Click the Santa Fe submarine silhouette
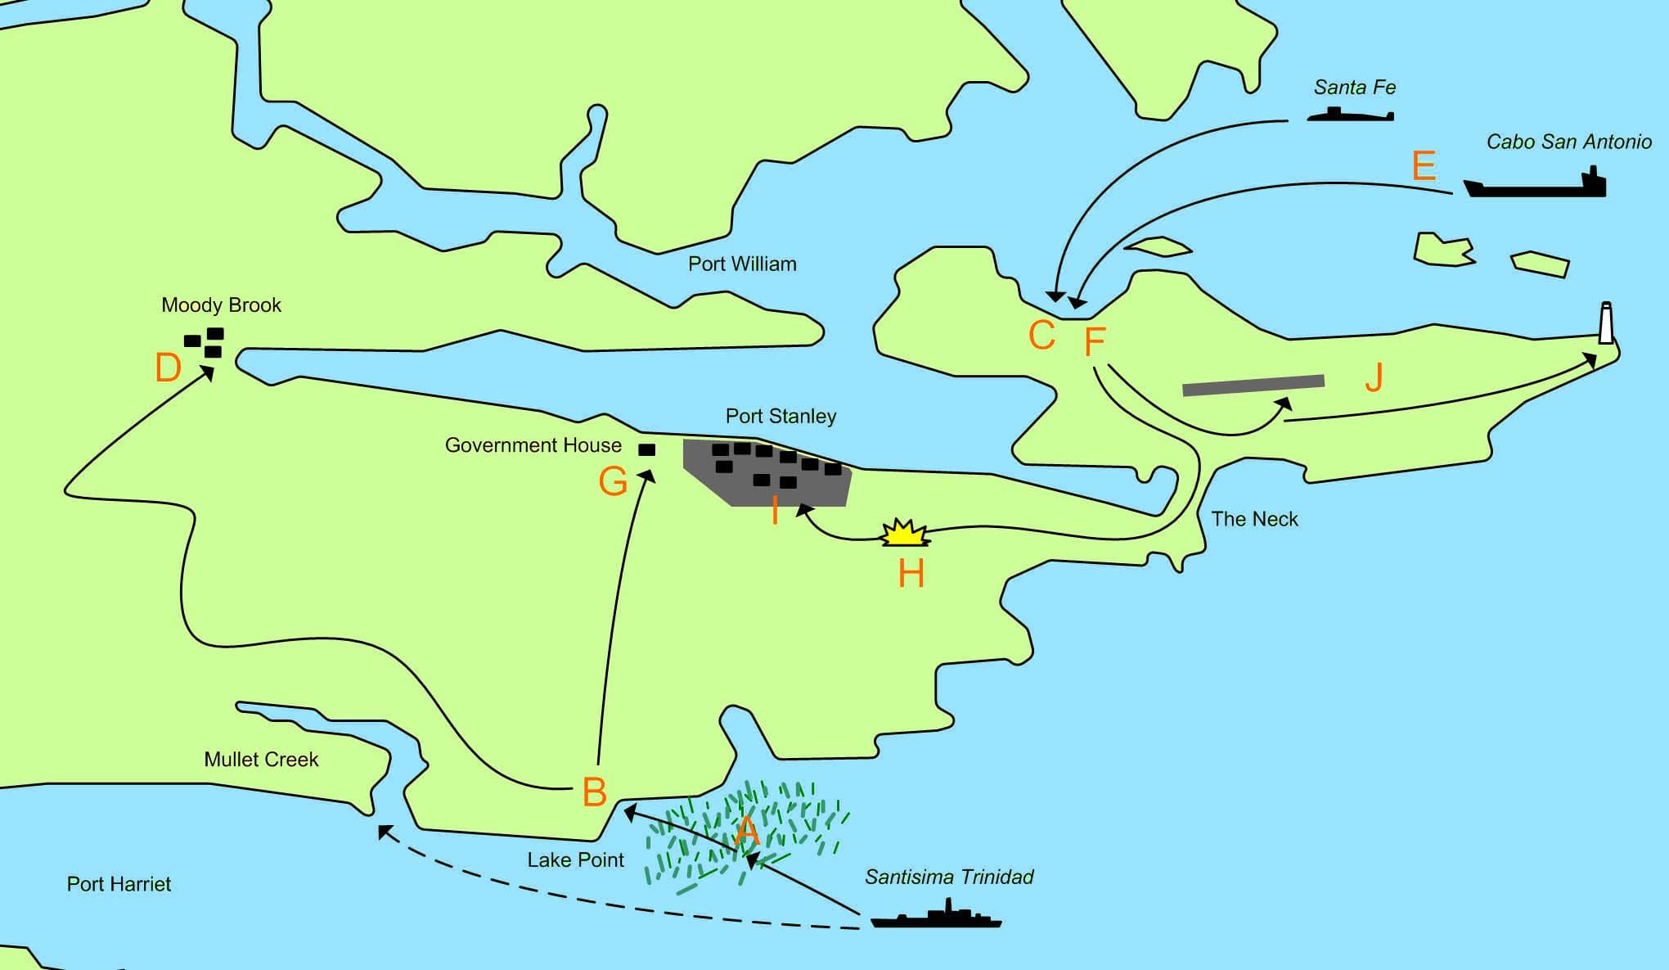(x=1350, y=115)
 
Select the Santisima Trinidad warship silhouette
(x=936, y=918)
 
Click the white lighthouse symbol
(x=1606, y=323)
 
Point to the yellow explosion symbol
(x=905, y=534)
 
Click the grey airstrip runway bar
(x=1253, y=385)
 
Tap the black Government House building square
(x=646, y=449)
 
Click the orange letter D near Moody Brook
(x=168, y=368)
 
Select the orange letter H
(x=911, y=574)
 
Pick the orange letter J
(x=1374, y=377)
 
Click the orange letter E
(x=1424, y=166)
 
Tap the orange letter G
(x=613, y=481)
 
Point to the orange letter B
(x=595, y=792)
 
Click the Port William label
(x=742, y=264)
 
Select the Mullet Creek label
(x=261, y=760)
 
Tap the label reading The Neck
(x=1254, y=519)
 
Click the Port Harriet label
(x=119, y=884)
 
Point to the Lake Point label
(x=575, y=859)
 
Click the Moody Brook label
(x=221, y=305)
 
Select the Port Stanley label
(x=781, y=416)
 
